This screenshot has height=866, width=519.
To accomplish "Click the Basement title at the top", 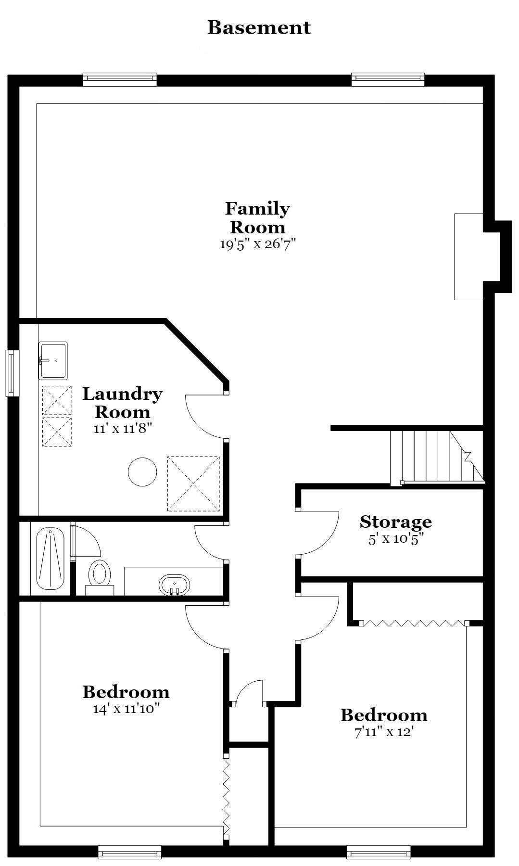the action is point(259,28).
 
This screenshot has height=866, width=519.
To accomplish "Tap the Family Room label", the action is point(258,217).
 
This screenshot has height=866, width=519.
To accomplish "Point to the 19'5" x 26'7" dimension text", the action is point(257,244).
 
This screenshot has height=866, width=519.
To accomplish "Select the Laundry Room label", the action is point(123,403).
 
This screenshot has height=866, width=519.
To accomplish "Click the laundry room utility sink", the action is point(53,360).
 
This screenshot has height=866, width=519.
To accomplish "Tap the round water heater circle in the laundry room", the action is point(142,472).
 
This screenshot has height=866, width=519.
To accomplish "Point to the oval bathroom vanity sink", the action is point(174,585).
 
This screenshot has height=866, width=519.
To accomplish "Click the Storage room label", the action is point(396,522).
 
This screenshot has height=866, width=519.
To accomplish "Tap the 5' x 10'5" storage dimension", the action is point(396,538).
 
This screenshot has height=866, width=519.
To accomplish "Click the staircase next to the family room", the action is point(437,456).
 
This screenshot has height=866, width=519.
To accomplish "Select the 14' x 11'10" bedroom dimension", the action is point(126,709).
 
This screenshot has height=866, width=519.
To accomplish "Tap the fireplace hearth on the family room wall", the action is point(468,256).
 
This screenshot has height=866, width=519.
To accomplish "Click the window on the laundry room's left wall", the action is point(12,373).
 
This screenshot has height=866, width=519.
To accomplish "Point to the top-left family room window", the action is point(120,79).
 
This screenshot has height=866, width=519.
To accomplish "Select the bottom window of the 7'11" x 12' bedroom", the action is point(379,852).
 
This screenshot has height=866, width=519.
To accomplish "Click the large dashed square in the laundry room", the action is point(193,484).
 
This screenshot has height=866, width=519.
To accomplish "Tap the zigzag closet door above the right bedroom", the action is point(415,623).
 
